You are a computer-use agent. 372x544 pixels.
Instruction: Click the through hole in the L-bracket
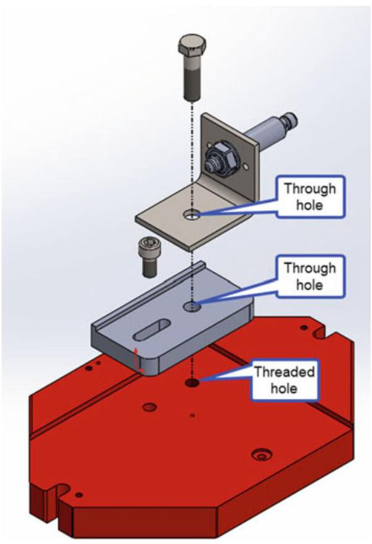pos(193,215)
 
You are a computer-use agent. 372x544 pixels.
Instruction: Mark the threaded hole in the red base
pos(193,383)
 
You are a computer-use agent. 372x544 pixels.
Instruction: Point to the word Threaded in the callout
pos(285,373)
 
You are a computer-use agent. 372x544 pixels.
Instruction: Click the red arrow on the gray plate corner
pos(139,360)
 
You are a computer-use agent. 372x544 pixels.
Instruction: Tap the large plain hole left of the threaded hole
pos(149,408)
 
